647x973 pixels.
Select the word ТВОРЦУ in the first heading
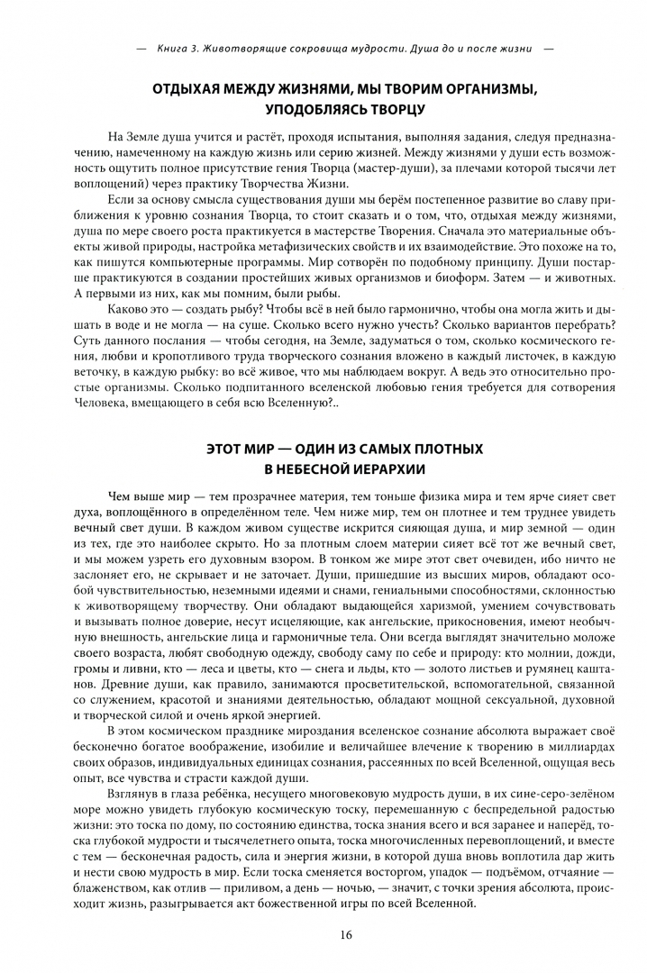click(x=399, y=111)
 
